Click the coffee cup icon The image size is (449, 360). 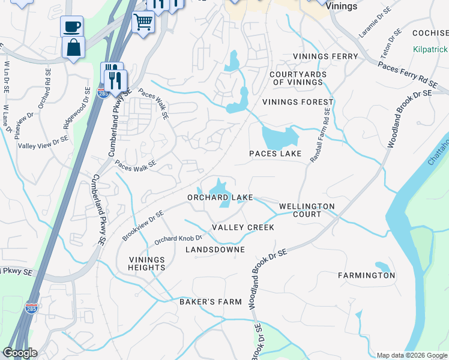(72, 26)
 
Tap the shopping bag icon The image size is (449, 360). (73, 47)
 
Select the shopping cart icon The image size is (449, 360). (143, 22)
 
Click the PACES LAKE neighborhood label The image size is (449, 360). (276, 154)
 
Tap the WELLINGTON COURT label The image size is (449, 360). (307, 210)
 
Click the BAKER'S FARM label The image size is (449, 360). (211, 302)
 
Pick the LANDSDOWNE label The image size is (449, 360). (215, 249)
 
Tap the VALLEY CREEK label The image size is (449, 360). (243, 227)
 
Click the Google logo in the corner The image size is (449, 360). (20, 353)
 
